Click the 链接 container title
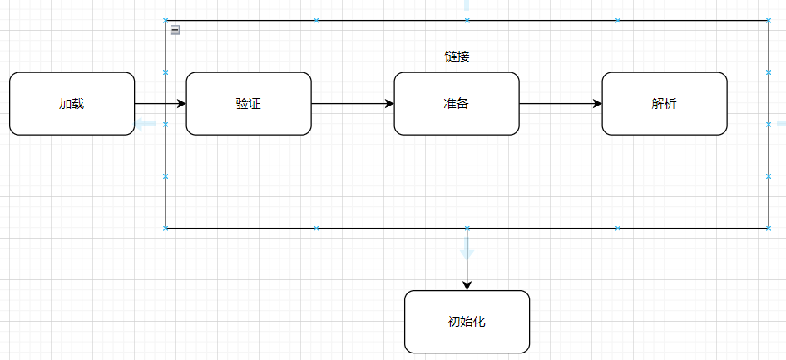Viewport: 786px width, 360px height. (x=457, y=57)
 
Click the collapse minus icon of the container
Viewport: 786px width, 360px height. (x=175, y=30)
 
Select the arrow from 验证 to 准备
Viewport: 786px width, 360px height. (x=349, y=104)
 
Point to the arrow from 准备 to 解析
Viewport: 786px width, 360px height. (x=557, y=104)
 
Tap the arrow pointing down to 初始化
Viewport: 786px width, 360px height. (x=467, y=258)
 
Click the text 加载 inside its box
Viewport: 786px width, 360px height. (x=72, y=104)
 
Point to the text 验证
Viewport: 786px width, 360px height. (x=249, y=104)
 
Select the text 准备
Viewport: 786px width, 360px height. (x=457, y=104)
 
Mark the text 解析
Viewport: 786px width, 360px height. (x=665, y=104)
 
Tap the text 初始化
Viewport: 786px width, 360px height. (x=467, y=322)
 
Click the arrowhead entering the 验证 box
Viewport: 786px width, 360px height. (x=180, y=104)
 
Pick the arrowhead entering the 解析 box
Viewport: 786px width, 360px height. (x=596, y=104)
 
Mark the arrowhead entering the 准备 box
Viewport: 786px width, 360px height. (x=388, y=104)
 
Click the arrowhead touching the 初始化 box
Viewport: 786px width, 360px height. (x=467, y=284)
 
